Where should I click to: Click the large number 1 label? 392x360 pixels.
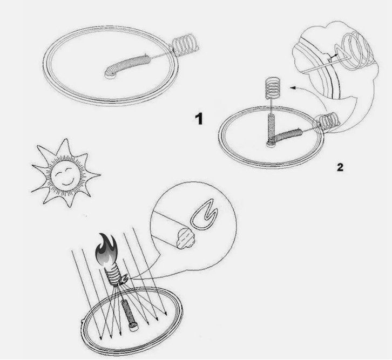pos(199,119)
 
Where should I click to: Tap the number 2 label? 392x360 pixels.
pos(340,167)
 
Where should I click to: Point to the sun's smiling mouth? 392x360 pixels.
pos(67,181)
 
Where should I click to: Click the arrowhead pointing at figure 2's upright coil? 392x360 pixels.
pos(293,87)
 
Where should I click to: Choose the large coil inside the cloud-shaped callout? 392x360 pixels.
pos(355,50)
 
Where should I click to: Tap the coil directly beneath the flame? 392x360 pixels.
pos(114,275)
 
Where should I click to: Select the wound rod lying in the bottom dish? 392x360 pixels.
pos(129,315)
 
